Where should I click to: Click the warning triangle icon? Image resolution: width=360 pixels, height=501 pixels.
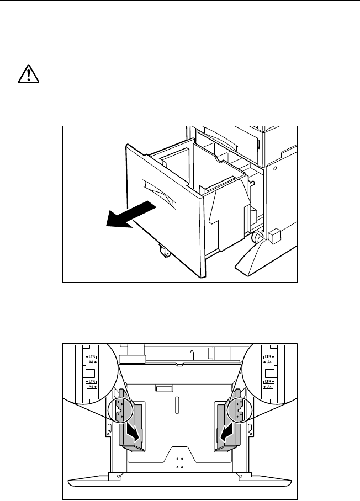pos(26,76)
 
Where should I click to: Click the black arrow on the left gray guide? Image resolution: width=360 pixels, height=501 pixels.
pos(133,431)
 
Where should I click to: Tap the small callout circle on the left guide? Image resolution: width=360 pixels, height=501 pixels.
pos(125,409)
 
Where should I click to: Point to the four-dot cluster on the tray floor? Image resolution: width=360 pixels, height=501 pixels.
pos(179,462)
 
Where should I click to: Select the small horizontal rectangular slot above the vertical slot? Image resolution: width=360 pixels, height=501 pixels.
pos(164,389)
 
